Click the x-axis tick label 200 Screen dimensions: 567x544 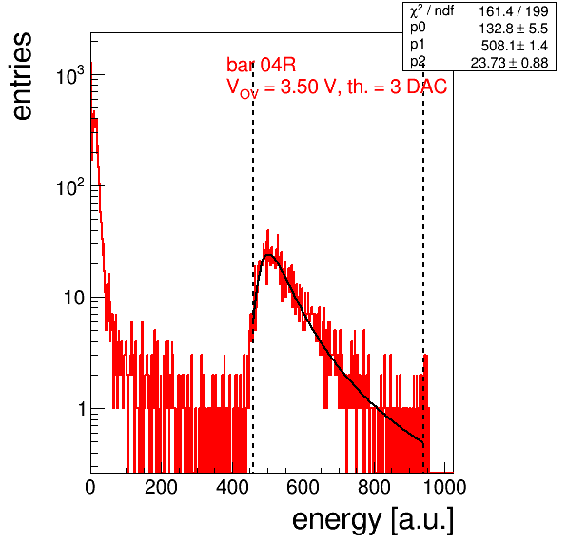(x=161, y=487)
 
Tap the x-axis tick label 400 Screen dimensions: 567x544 (x=232, y=487)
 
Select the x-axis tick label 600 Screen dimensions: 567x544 (x=303, y=487)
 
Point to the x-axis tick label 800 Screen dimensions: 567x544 (x=374, y=487)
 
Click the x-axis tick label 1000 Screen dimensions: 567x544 (x=444, y=487)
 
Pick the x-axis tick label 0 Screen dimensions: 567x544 (x=90, y=487)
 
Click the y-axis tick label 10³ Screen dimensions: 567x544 (x=70, y=75)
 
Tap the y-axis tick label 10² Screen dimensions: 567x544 (x=70, y=186)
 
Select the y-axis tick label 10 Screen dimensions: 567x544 (x=74, y=298)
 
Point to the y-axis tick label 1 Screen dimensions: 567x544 (x=82, y=409)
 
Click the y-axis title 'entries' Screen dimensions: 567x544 (x=23, y=76)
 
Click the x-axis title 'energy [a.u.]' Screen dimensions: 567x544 (x=373, y=521)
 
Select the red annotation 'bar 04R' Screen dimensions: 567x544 (x=261, y=65)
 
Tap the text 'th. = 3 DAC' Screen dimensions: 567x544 (x=397, y=87)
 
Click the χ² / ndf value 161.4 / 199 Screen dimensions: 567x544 (x=514, y=11)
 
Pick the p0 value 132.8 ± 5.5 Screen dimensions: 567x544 (x=514, y=29)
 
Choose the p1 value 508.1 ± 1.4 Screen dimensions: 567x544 (x=515, y=46)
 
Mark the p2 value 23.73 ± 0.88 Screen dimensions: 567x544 (x=509, y=63)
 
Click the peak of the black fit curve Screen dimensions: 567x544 (x=268, y=255)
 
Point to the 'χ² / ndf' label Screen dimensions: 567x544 (x=432, y=11)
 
